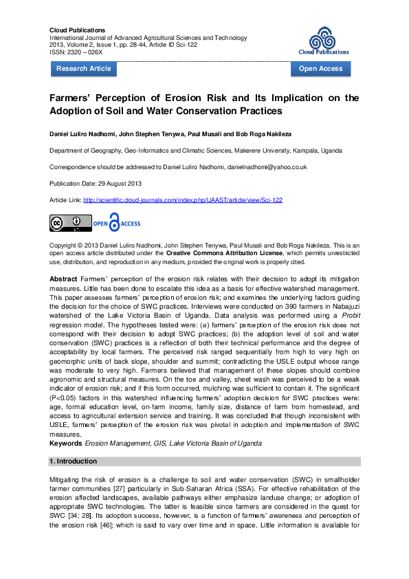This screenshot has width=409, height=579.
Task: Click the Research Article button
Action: point(83,69)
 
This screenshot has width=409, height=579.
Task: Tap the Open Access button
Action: point(320,69)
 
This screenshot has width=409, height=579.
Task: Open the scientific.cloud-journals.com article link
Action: point(183,200)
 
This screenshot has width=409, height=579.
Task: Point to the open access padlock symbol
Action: point(113,223)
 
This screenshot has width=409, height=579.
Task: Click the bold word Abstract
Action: point(64,278)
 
